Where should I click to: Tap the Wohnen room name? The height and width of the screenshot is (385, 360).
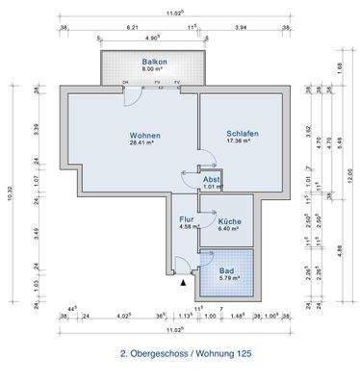(x=144, y=135)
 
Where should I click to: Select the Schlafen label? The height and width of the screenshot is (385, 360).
(x=242, y=133)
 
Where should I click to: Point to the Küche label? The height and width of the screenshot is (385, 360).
(x=229, y=221)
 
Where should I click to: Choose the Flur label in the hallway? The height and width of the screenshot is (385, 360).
(x=187, y=220)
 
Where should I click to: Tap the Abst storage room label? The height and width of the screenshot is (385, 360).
(x=212, y=180)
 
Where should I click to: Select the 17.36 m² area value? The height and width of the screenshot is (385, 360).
(x=242, y=141)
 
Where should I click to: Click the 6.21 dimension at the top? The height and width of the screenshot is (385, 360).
(x=133, y=28)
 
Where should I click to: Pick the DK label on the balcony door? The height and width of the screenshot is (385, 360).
(x=126, y=83)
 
